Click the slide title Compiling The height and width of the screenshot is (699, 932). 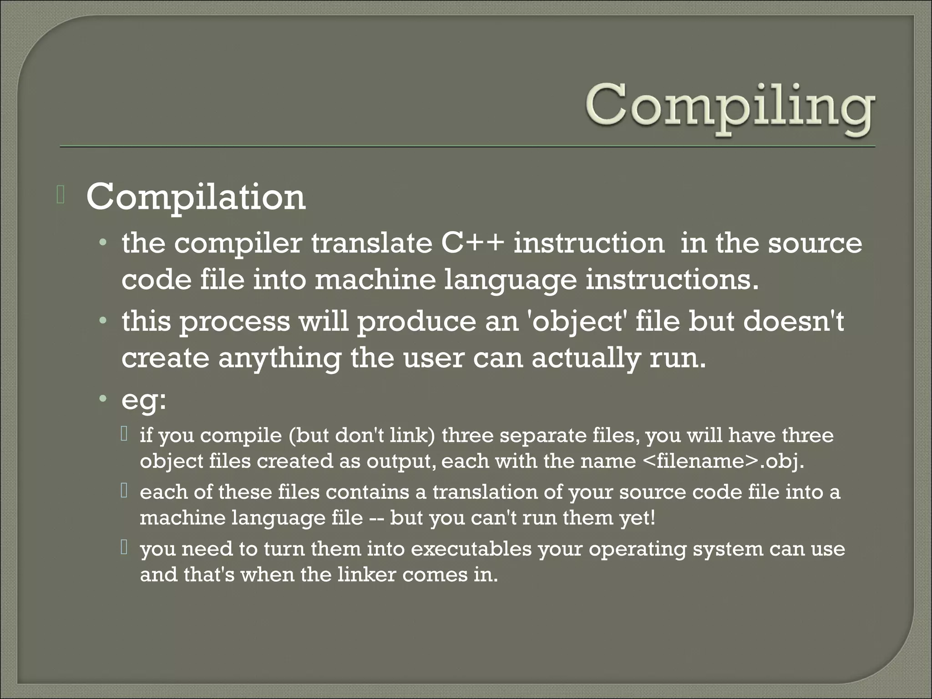729,108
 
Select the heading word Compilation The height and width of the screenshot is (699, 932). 196,197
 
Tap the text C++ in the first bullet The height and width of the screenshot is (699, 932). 472,243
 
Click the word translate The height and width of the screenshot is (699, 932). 371,243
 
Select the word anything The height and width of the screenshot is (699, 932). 279,359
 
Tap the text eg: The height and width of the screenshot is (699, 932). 144,400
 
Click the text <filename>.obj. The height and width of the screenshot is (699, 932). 724,461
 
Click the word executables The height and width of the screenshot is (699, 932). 471,549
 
